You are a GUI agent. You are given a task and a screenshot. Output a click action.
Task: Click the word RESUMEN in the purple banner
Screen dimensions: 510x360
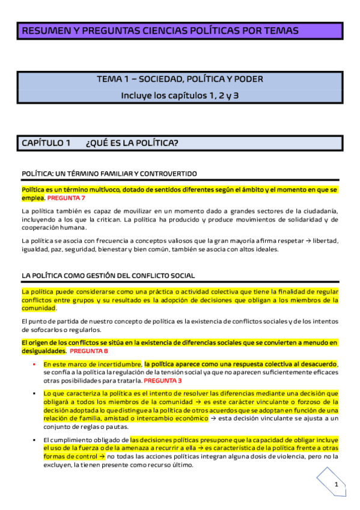[43, 31]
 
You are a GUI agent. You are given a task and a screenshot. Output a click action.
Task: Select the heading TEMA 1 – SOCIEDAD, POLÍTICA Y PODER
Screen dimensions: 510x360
[180, 79]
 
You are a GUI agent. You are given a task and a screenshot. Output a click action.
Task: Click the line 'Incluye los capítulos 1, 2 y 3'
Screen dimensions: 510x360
[180, 95]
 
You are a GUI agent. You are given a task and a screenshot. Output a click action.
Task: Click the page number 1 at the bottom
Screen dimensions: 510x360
[337, 484]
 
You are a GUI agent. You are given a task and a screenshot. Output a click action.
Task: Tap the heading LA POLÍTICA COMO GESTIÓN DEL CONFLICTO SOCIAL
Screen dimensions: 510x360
[108, 275]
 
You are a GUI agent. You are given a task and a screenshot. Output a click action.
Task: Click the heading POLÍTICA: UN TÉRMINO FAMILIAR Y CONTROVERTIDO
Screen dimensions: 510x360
[109, 174]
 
